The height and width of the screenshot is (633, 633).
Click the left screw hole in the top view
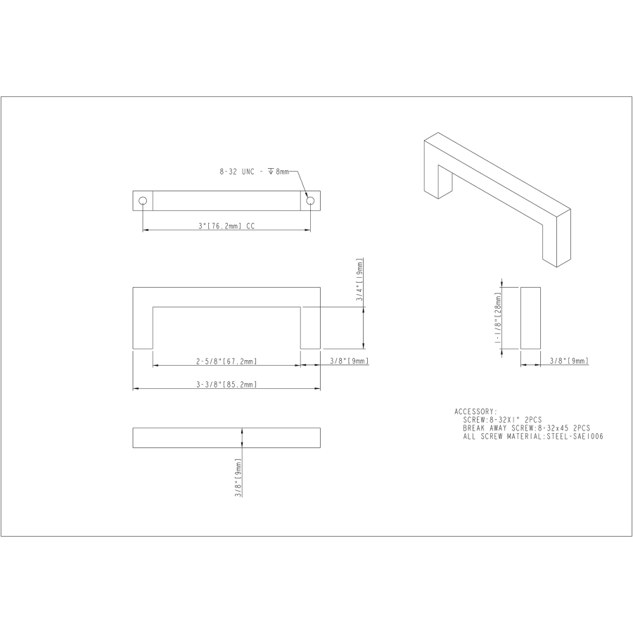pos(143,200)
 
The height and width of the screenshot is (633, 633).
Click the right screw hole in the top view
pos(309,200)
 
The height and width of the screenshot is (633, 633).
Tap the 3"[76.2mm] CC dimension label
pos(226,225)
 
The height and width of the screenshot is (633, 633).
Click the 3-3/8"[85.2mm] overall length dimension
pos(226,384)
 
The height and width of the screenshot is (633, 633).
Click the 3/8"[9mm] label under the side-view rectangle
pos(568,361)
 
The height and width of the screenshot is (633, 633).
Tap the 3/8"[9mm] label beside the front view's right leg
pos(349,361)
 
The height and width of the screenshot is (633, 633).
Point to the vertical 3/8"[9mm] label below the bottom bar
pos(239,478)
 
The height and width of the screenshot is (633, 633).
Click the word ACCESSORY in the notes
pos(475,411)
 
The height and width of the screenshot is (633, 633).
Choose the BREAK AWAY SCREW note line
pos(526,428)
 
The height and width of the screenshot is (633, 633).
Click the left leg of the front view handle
pos(143,327)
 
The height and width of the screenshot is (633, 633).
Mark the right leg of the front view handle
pos(310,327)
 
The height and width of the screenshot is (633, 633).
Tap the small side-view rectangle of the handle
pos(530,317)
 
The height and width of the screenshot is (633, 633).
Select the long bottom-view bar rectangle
pos(226,437)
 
